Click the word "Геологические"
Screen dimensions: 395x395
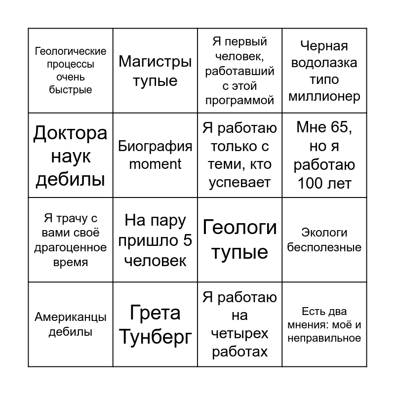(71, 51)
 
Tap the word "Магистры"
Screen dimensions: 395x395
(155, 62)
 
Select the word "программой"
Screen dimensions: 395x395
(239, 101)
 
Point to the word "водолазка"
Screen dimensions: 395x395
(324, 63)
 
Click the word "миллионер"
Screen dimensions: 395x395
(324, 96)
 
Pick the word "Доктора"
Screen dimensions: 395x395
(71, 133)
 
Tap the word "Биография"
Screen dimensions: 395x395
(155, 146)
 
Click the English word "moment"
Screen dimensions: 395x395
(155, 164)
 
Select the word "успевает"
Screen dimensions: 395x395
(239, 183)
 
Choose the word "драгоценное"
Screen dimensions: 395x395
(71, 248)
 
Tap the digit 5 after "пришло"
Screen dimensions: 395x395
(188, 240)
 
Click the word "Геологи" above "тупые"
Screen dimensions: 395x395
(239, 228)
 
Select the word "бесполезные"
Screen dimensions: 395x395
(324, 247)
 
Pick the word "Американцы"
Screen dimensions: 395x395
(71, 317)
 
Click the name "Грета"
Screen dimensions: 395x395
(155, 313)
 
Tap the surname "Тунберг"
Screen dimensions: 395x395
(155, 337)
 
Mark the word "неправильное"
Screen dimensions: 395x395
(324, 338)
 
